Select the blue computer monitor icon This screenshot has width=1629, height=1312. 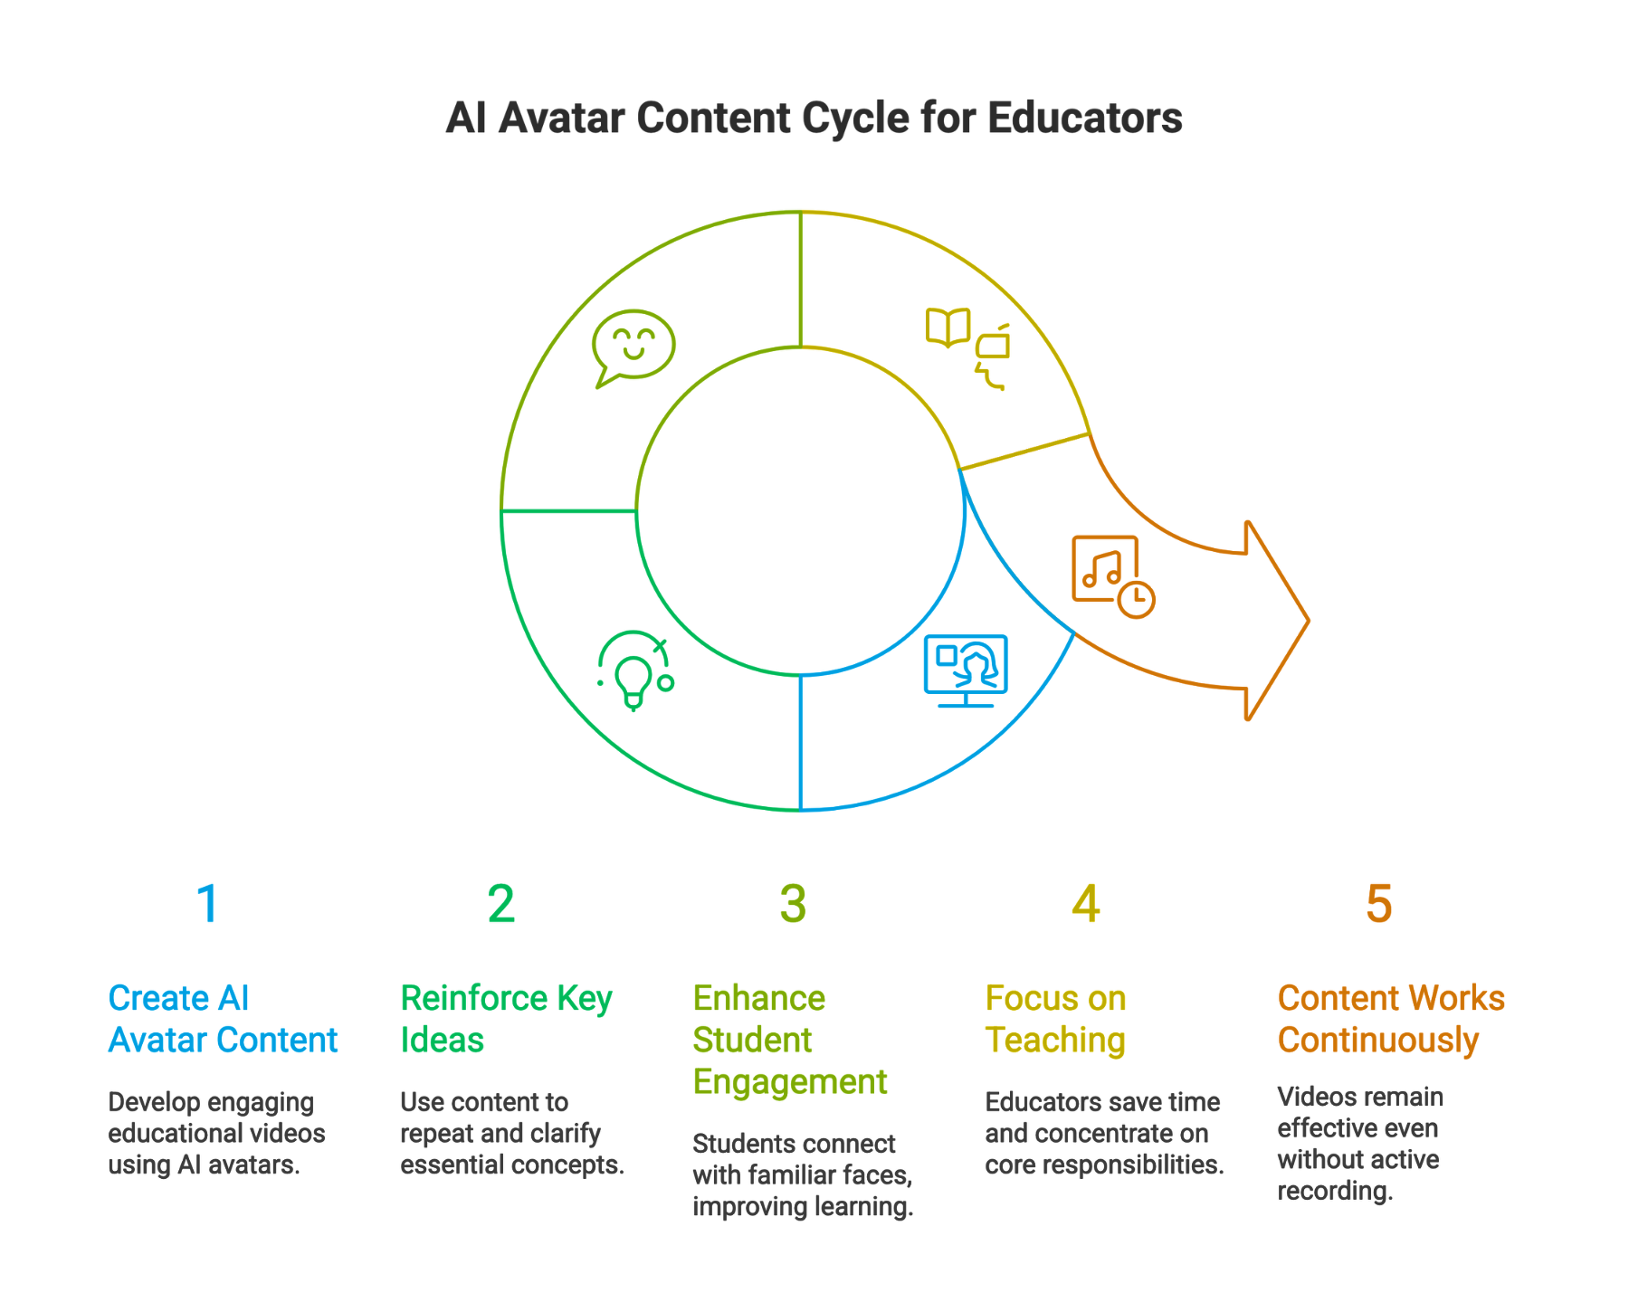966,670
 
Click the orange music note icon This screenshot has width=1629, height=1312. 1105,569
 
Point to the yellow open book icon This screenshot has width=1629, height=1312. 948,327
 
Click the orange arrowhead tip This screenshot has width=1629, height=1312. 1308,621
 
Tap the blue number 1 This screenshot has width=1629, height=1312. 208,903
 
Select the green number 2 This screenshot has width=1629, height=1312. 500,903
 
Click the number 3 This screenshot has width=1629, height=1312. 793,903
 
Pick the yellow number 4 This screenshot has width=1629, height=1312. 1086,903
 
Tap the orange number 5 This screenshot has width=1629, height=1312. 1378,903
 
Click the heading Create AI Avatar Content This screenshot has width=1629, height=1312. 223,1019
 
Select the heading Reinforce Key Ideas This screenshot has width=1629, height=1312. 506,1019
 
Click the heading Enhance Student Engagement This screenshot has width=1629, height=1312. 790,1040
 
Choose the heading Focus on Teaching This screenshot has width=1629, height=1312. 1056,1019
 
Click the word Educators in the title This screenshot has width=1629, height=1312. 1084,118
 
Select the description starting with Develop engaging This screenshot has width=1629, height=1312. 216,1133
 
